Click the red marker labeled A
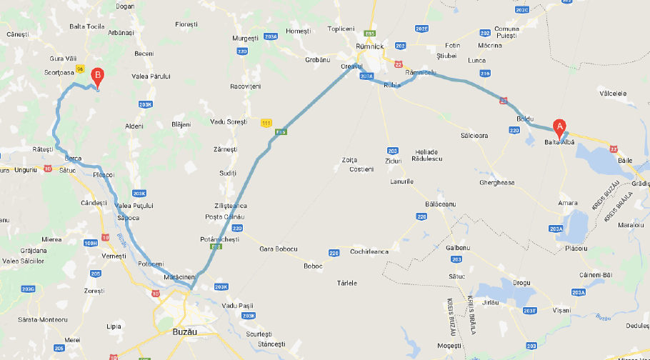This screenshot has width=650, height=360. point(560,126)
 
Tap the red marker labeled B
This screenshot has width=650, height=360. point(99,74)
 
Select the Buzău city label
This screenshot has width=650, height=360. point(184,332)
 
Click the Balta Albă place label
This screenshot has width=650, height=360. point(559,143)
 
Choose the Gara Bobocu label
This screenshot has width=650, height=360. point(277,249)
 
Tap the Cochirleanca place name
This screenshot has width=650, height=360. point(369,251)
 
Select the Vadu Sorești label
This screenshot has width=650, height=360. point(228,122)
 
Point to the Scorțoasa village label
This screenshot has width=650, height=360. point(59,71)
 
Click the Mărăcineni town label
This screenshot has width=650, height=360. point(179,276)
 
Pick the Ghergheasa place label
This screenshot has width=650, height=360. point(496,182)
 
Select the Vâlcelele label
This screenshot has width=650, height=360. point(614,93)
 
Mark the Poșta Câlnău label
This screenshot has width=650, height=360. point(224,216)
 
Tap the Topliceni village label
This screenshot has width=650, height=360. point(340,29)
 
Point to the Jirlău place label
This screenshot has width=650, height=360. point(490,303)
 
